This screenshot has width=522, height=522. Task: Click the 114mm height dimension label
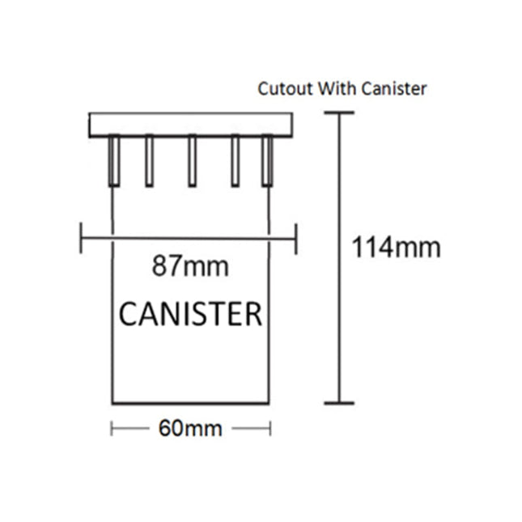pyautogui.click(x=396, y=247)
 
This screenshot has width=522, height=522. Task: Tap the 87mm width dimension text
pyautogui.click(x=190, y=265)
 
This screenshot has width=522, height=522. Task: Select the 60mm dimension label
pyautogui.click(x=190, y=428)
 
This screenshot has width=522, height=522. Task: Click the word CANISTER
pyautogui.click(x=191, y=313)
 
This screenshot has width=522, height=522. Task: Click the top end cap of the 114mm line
pyautogui.click(x=339, y=113)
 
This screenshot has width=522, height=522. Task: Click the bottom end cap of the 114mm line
pyautogui.click(x=339, y=402)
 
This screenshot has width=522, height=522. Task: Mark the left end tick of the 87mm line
pyautogui.click(x=82, y=237)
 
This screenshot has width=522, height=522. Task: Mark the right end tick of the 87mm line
pyautogui.click(x=296, y=237)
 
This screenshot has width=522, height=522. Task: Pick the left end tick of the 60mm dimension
pyautogui.click(x=112, y=428)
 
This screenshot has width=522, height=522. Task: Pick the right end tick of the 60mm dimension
pyautogui.click(x=270, y=428)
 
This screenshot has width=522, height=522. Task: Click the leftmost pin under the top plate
pyautogui.click(x=113, y=160)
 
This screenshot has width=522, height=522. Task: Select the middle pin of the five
pyautogui.click(x=192, y=160)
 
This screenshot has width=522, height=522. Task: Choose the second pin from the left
pyautogui.click(x=150, y=160)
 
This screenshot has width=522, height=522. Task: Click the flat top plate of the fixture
pyautogui.click(x=190, y=124)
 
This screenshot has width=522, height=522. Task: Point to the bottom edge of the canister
pyautogui.click(x=190, y=402)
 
